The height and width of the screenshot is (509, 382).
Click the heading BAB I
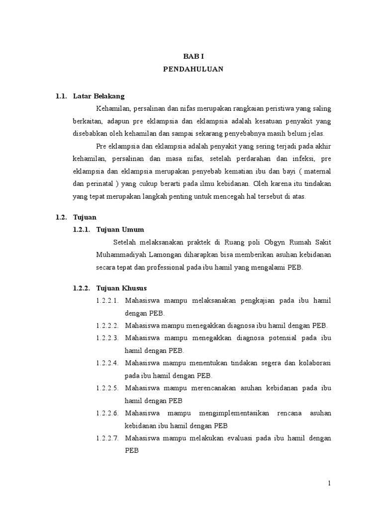tap(193, 57)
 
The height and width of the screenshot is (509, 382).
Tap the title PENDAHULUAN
tap(193, 70)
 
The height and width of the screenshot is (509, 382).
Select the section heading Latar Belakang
tap(99, 96)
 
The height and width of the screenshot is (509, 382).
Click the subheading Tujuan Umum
tap(120, 229)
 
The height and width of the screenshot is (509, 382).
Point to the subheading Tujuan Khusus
tap(122, 288)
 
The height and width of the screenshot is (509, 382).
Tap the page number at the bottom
tap(329, 483)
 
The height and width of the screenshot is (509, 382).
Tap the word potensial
tap(278, 338)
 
